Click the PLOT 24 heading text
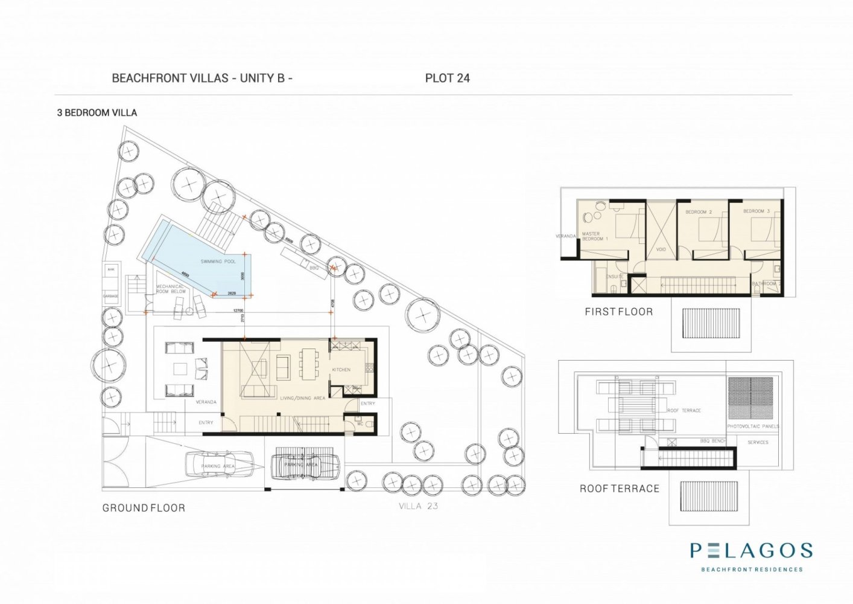[x=447, y=78]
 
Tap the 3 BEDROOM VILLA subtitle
[x=97, y=113]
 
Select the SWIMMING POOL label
[x=218, y=262]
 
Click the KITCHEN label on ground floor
[x=341, y=370]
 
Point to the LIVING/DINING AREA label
[x=302, y=398]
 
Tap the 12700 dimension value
[x=238, y=310]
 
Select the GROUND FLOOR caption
[x=144, y=508]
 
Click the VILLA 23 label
[x=418, y=506]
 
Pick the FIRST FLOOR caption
[x=618, y=312]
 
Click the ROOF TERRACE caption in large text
[x=620, y=489]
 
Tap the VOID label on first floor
[x=661, y=249]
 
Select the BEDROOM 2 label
[x=699, y=213]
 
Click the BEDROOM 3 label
[x=756, y=211]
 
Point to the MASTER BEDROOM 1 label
[x=594, y=236]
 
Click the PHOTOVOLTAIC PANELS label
[x=753, y=426]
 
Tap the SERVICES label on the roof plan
[x=758, y=442]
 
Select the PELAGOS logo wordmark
[x=751, y=550]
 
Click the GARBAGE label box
[x=111, y=296]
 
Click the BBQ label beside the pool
[x=314, y=266]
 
